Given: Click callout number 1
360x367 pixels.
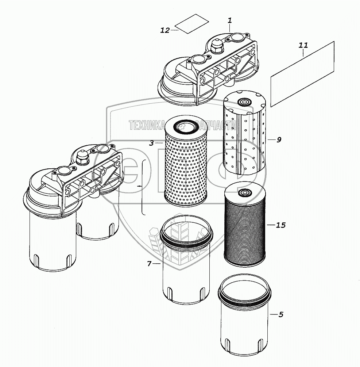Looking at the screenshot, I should (x=230, y=21).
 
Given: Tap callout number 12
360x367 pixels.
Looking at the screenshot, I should (x=165, y=30).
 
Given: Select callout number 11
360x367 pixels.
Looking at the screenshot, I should (x=303, y=45).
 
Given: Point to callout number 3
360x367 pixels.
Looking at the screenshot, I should (x=152, y=143).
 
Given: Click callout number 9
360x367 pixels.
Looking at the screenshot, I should (x=279, y=139).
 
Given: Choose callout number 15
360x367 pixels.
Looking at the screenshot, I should (x=280, y=225).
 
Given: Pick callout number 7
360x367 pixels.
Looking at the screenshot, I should (x=149, y=263).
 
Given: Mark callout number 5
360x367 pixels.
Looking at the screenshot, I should (x=280, y=314).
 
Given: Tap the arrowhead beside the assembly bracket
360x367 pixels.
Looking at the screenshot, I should (x=140, y=186).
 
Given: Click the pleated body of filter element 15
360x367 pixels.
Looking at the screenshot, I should (x=243, y=230).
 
